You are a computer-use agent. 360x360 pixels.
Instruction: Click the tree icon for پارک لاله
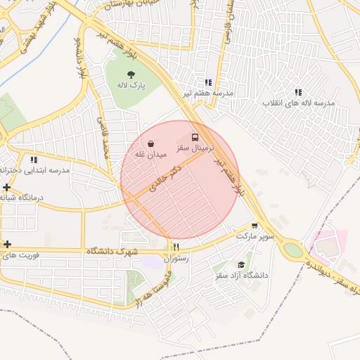pyautogui.click(x=131, y=74)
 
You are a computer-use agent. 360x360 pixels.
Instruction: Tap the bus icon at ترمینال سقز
pyautogui.click(x=195, y=137)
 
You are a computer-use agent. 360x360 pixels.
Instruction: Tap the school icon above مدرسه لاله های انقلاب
pyautogui.click(x=298, y=92)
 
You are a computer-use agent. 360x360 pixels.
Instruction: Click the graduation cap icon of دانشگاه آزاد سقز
pyautogui.click(x=242, y=265)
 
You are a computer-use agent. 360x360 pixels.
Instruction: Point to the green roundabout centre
pyautogui.click(x=292, y=249)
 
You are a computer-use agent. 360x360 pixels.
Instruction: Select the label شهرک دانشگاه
pyautogui.click(x=113, y=251)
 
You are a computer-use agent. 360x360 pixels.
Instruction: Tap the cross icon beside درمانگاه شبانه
pyautogui.click(x=7, y=187)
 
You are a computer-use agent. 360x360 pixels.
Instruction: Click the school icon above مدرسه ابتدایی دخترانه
pyautogui.click(x=34, y=160)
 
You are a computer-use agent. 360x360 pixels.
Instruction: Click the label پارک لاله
pyautogui.click(x=131, y=85)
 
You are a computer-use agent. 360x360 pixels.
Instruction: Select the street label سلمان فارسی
pyautogui.click(x=229, y=25)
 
